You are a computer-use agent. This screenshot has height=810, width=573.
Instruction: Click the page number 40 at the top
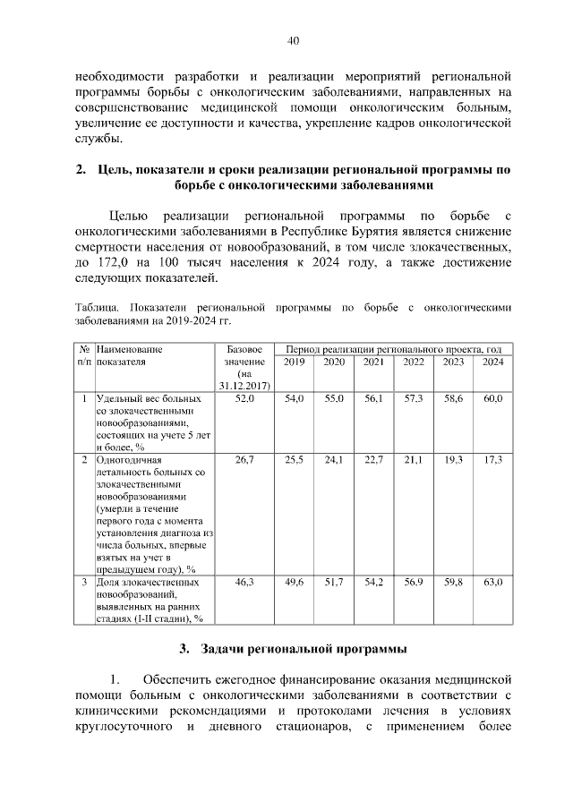[293, 39]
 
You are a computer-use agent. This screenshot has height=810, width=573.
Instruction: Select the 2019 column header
[294, 362]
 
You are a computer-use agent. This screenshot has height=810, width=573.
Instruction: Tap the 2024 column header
[492, 362]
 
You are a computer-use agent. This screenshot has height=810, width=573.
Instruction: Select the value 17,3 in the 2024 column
[492, 459]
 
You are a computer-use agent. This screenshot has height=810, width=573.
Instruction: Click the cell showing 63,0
[492, 582]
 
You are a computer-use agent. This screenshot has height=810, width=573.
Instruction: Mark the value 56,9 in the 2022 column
[414, 582]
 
